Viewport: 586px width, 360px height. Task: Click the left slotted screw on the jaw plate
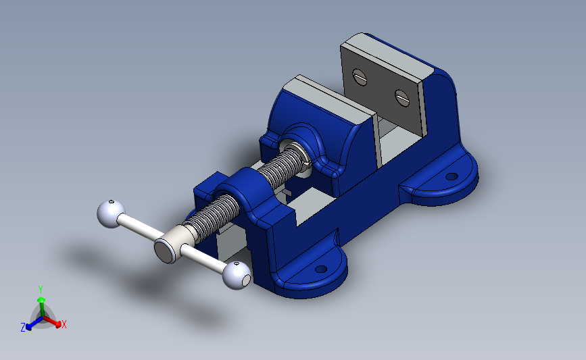click(x=360, y=77)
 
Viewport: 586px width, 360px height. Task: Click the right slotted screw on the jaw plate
click(x=402, y=98)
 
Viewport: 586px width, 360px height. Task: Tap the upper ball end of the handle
click(x=111, y=213)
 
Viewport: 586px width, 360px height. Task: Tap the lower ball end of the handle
click(x=237, y=275)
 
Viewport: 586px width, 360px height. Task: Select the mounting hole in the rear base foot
click(x=451, y=176)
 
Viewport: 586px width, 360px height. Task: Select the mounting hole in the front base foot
click(x=321, y=269)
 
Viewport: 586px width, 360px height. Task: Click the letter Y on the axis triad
click(x=41, y=290)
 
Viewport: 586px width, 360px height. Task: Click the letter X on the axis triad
click(x=64, y=324)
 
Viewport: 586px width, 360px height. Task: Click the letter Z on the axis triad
click(x=23, y=328)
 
